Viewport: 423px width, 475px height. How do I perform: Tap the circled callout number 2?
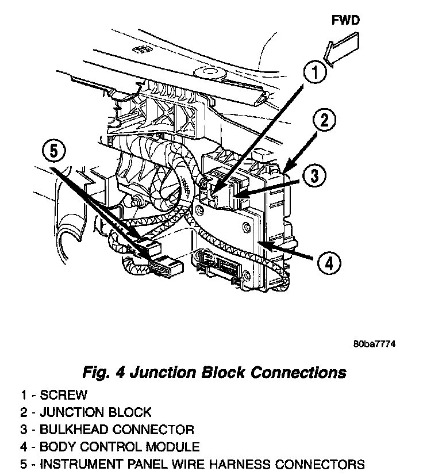[x=325, y=120]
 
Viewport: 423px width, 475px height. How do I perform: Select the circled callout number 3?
[x=313, y=175]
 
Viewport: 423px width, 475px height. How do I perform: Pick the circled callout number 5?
[x=53, y=151]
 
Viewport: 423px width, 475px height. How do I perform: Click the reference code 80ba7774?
[x=375, y=344]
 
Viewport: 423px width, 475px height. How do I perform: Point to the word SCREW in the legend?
[x=64, y=395]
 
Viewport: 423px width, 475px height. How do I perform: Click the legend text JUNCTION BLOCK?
[x=95, y=412]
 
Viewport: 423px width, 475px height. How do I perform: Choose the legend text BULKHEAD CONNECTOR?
[x=117, y=430]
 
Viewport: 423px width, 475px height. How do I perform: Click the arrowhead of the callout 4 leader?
[x=260, y=243]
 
